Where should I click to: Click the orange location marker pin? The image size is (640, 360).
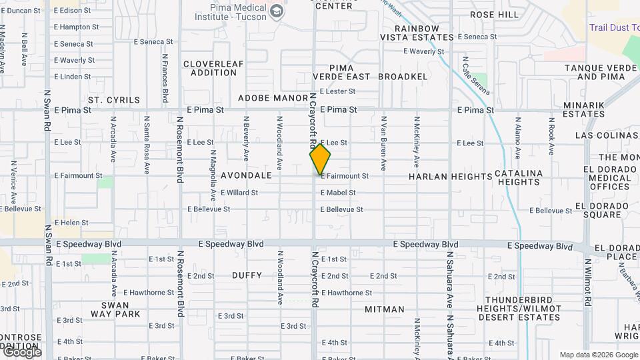(x=320, y=160)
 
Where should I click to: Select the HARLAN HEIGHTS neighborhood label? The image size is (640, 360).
(x=450, y=177)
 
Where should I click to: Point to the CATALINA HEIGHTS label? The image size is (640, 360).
(x=519, y=177)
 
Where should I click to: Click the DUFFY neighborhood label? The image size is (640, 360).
(x=247, y=275)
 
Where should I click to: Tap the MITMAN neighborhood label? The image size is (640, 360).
(x=385, y=309)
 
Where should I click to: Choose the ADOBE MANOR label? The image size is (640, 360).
(x=273, y=98)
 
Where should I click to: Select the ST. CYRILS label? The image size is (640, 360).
(x=114, y=101)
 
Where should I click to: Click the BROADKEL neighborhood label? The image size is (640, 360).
(x=403, y=77)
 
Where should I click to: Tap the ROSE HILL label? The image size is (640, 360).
(x=494, y=15)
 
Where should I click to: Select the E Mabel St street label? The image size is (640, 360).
(x=338, y=193)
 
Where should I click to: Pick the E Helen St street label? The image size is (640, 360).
(x=71, y=223)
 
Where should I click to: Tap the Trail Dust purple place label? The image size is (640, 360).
(x=613, y=27)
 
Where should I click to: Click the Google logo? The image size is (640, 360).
(x=21, y=352)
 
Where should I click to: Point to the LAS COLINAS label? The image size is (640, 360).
(x=607, y=135)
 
